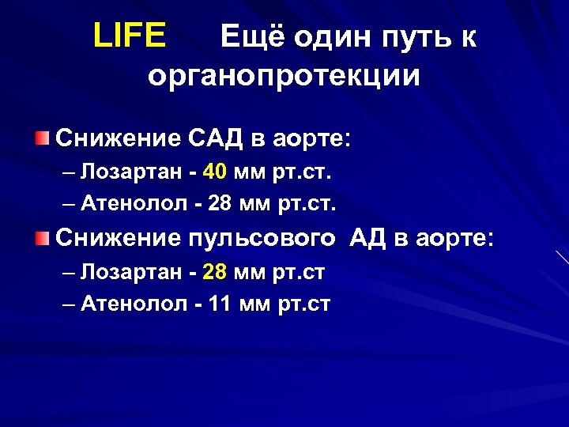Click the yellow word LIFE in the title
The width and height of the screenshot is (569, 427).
(129, 36)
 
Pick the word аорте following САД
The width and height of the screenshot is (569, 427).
(307, 140)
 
